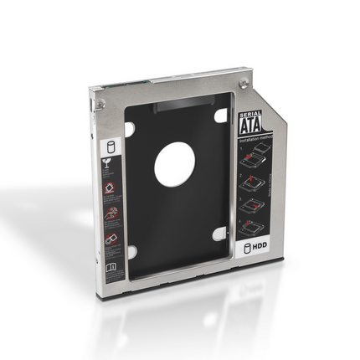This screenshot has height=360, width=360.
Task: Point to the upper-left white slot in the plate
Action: coord(130,129)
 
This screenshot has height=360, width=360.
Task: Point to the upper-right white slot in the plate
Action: coord(221,116)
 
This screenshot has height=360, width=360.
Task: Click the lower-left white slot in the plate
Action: coord(131,250)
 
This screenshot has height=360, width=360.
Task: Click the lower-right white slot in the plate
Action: coord(219,234)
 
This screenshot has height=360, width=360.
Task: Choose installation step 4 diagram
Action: coord(254,224)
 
